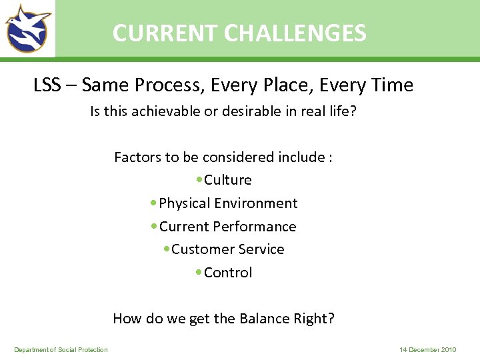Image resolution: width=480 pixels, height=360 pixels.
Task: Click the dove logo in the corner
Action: (x=28, y=28)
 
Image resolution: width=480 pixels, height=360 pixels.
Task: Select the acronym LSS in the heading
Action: (x=47, y=86)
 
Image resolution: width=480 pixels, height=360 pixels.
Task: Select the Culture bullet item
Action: (x=227, y=180)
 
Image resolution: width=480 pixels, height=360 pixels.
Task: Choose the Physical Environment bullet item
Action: (x=228, y=203)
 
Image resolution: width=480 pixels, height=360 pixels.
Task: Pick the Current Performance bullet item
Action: (x=227, y=227)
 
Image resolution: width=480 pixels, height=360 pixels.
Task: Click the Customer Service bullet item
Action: (x=227, y=249)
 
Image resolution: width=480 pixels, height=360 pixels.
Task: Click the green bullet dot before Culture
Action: (x=199, y=180)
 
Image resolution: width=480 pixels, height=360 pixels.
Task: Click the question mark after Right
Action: (x=331, y=319)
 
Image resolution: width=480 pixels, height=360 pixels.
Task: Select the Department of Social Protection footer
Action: (x=61, y=350)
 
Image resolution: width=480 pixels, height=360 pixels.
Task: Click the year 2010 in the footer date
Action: (x=449, y=350)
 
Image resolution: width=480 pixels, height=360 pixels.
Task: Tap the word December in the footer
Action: (x=423, y=350)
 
